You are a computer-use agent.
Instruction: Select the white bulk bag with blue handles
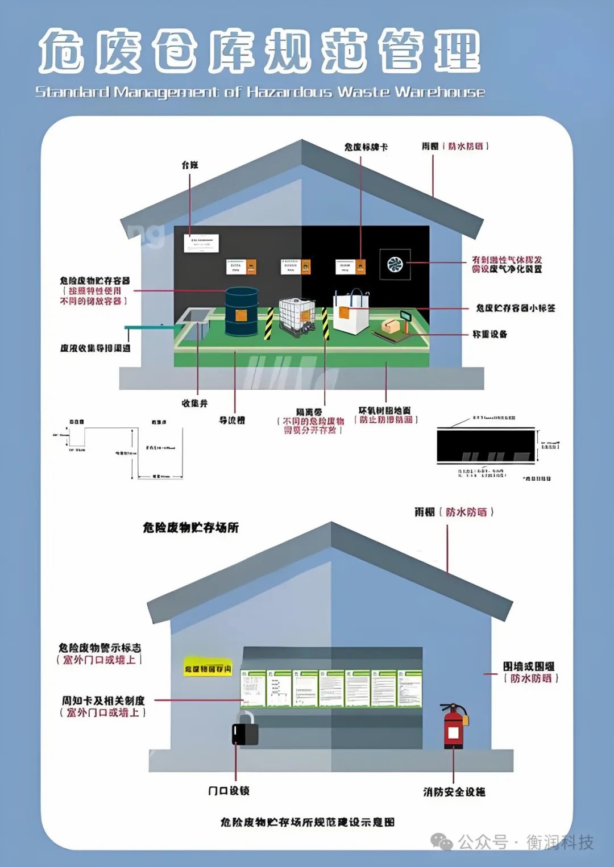click(351, 312)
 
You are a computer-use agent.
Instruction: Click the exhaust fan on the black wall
click(395, 264)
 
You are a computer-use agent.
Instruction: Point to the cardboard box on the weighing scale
click(391, 326)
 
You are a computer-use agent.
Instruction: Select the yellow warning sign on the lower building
click(208, 669)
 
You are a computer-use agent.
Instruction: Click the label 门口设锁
click(229, 791)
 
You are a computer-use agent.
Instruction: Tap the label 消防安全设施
click(454, 792)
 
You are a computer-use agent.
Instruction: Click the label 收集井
click(194, 403)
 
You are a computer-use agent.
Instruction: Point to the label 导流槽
click(232, 420)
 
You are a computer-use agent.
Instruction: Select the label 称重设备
click(489, 334)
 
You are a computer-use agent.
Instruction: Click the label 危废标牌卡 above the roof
click(366, 147)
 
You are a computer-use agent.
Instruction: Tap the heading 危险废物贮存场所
click(190, 528)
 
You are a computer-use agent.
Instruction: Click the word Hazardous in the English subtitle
click(289, 92)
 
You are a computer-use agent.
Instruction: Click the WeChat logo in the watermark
click(442, 841)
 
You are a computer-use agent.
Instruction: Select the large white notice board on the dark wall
click(201, 243)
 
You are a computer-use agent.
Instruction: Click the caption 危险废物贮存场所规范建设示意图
click(307, 822)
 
